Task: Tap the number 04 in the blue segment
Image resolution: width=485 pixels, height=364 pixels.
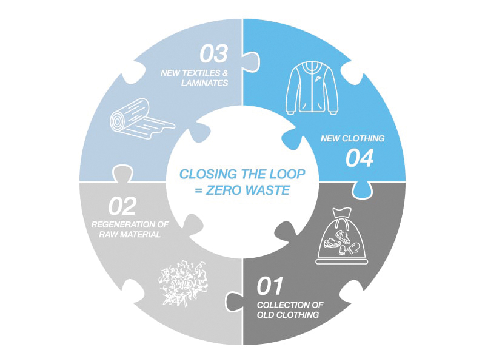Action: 360,158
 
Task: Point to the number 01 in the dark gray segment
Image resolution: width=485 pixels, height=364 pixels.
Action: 270,285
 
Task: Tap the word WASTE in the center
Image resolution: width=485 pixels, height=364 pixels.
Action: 268,190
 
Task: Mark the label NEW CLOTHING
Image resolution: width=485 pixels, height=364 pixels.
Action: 352,138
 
